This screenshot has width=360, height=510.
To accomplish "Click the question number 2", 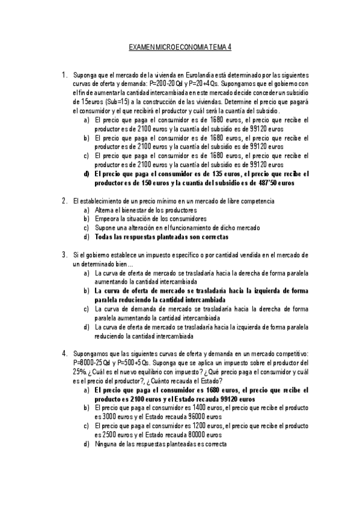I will tap(64, 200).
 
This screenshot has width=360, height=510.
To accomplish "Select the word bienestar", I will tap(135, 210).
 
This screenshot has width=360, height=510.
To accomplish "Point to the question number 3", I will tap(64, 254).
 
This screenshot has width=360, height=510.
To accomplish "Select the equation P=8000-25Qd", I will tap(93, 363).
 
